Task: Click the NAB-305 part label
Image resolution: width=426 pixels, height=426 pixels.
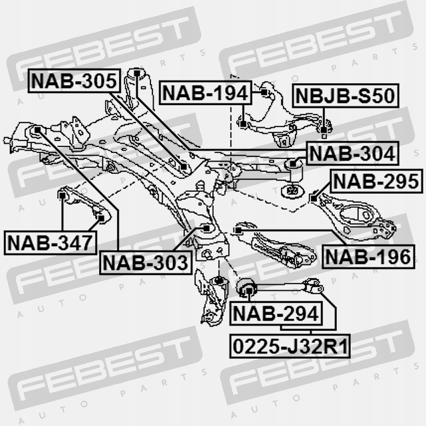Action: click(74, 82)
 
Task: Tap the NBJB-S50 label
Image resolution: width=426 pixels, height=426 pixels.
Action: click(344, 95)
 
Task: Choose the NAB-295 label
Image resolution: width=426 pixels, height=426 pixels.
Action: click(376, 180)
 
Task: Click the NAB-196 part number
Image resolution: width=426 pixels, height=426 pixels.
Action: click(368, 256)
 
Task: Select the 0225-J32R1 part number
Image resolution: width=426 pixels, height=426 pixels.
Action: click(290, 345)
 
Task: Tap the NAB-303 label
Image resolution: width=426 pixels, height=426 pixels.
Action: click(145, 262)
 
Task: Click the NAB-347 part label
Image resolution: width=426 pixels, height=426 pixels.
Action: click(49, 242)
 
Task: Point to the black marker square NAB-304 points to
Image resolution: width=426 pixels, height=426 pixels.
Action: click(292, 162)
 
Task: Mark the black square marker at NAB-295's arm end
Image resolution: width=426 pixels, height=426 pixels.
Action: click(314, 198)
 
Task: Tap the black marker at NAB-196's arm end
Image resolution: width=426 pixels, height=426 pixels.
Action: click(238, 230)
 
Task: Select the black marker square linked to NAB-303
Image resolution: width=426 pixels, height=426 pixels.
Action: click(206, 228)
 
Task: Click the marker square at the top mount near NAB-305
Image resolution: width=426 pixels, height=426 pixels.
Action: click(136, 72)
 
